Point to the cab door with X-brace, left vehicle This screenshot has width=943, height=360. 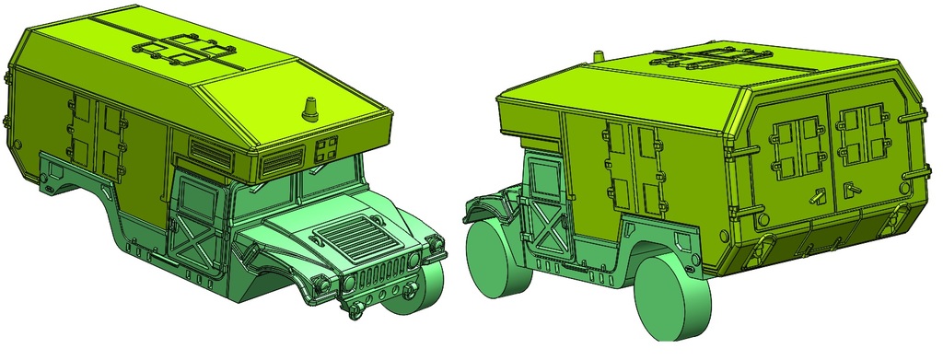pyautogui.click(x=196, y=222)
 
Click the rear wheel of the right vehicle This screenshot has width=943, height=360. pyautogui.click(x=671, y=296)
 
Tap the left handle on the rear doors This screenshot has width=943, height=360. pyautogui.click(x=815, y=195)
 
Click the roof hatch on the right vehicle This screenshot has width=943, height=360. pyautogui.click(x=711, y=63)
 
